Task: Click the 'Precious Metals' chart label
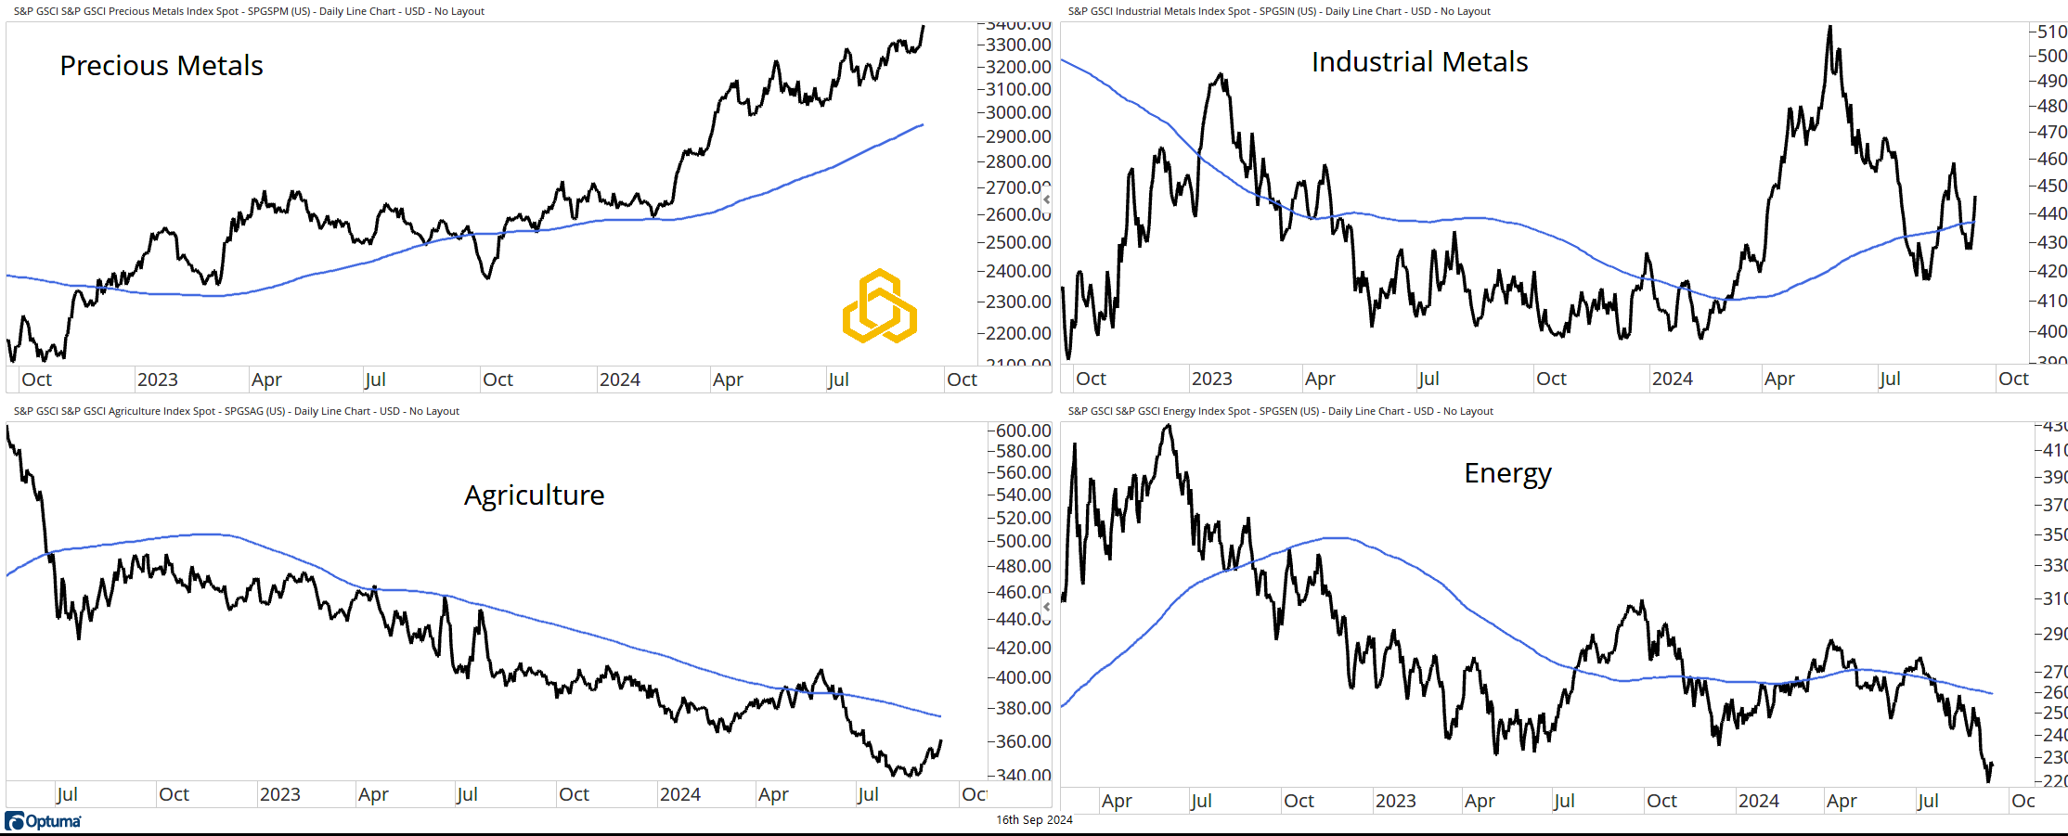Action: click(x=162, y=66)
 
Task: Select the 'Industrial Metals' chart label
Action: click(x=1419, y=62)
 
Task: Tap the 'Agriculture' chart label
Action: click(x=534, y=495)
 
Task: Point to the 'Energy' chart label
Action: click(x=1507, y=473)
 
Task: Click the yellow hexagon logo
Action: click(x=879, y=306)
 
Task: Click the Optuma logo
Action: click(x=44, y=821)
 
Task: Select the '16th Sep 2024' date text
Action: click(x=1034, y=820)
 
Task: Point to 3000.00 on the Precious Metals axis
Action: click(x=1018, y=112)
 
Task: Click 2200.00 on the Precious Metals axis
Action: click(x=1018, y=333)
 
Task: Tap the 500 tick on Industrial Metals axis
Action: click(x=2051, y=56)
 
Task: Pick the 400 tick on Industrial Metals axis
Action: click(x=2051, y=331)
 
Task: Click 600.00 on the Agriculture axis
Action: click(x=1023, y=431)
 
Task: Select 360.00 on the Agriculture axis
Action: click(x=1023, y=741)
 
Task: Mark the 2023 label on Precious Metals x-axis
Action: click(x=157, y=379)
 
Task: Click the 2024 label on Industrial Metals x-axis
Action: click(x=1672, y=379)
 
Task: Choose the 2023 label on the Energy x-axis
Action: click(x=1395, y=801)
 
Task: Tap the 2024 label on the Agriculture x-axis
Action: click(x=679, y=794)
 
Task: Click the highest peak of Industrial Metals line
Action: click(x=1829, y=27)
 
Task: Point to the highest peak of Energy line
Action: click(x=1169, y=426)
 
